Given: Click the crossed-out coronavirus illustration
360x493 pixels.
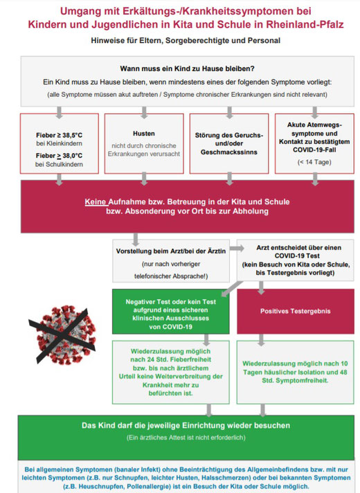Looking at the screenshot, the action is coord(63,335).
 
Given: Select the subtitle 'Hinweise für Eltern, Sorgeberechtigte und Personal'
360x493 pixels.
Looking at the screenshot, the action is coord(186,41).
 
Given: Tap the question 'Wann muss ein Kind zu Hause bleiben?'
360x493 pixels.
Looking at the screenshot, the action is coord(187,69).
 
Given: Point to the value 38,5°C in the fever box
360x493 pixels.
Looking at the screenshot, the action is coord(72,135).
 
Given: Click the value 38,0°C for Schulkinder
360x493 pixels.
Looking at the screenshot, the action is coord(72,156).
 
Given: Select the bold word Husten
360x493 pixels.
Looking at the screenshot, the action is coord(144,134).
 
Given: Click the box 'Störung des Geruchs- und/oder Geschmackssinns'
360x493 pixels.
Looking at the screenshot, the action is coord(229,144).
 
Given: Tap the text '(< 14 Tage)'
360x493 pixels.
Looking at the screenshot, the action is coord(314,162).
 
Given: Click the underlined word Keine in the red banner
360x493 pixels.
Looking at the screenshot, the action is coord(96,202).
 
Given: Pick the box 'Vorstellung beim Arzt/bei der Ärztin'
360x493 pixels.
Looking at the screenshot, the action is coord(171,261).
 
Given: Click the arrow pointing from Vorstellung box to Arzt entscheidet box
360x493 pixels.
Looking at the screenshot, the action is coord(237,249).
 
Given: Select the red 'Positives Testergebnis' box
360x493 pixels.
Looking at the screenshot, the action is coord(295,312).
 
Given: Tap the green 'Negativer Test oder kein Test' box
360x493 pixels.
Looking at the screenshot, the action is coord(171,312).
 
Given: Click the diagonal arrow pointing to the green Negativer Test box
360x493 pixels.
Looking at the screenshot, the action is coord(232,289).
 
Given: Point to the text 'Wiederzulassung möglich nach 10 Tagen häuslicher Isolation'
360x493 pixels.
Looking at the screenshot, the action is coord(295,368).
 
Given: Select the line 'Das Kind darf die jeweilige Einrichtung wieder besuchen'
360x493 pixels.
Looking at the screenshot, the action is coord(186,426).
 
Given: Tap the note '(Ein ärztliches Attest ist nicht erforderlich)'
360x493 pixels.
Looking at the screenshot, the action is coord(186,438).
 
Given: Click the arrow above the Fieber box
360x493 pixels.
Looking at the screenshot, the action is coord(59,113).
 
